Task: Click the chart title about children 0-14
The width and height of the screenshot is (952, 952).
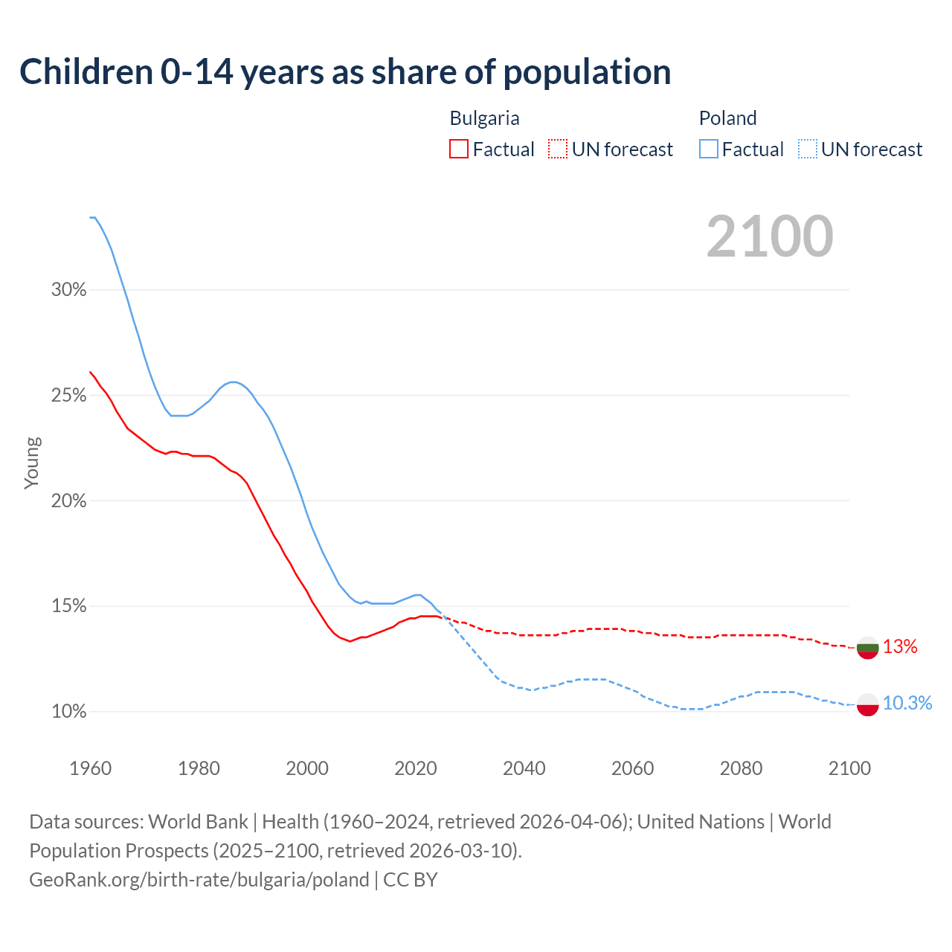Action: (345, 72)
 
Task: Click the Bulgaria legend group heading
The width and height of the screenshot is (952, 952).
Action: (484, 118)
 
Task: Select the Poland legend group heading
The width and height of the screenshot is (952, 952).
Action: (727, 118)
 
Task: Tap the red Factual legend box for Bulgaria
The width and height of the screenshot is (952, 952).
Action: (459, 149)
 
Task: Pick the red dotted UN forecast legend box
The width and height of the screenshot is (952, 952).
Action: (558, 149)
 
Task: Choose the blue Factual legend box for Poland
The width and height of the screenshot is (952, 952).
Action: (709, 149)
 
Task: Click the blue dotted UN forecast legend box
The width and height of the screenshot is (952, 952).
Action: (808, 149)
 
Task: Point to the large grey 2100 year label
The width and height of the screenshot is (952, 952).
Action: (770, 237)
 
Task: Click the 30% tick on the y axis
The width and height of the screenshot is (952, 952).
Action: (68, 290)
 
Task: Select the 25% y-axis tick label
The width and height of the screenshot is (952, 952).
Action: (68, 396)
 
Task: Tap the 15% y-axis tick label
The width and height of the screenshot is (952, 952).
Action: (68, 606)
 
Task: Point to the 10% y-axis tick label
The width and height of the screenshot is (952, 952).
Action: (68, 712)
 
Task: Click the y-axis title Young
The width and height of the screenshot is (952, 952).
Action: (31, 463)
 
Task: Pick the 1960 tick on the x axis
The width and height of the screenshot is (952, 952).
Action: (90, 768)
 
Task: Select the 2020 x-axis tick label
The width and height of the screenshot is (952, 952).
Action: (415, 768)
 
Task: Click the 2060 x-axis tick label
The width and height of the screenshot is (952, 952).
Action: (632, 768)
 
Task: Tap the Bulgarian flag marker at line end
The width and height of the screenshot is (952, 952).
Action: (868, 648)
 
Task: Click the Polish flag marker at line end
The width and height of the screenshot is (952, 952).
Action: (868, 704)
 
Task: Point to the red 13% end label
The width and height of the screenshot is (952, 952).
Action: (900, 647)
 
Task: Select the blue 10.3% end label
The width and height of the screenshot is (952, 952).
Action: (907, 704)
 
